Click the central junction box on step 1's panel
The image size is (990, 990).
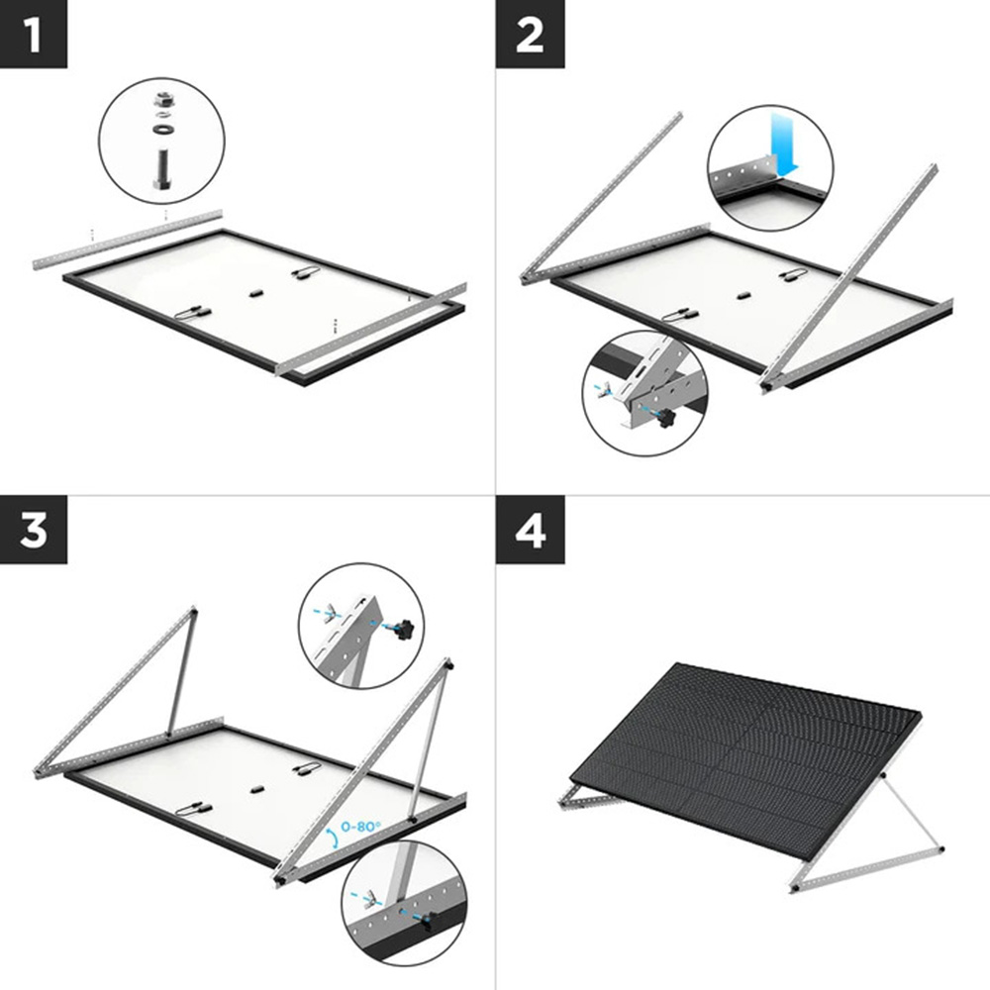tap(253, 294)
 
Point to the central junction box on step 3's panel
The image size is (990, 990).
tap(254, 789)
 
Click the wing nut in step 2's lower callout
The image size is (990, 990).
tap(602, 391)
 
